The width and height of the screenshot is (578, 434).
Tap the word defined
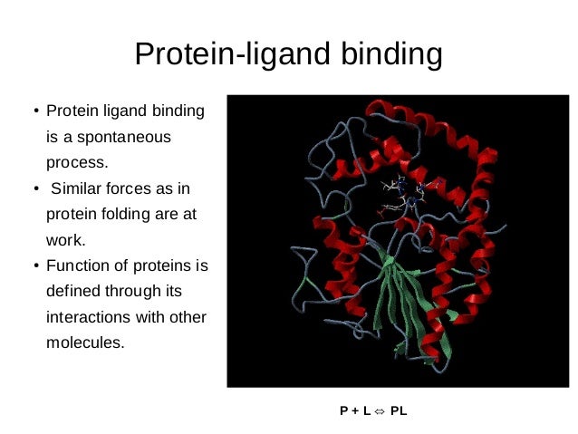point(73,292)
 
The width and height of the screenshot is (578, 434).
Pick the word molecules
point(84,343)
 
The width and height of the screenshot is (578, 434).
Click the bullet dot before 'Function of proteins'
point(35,267)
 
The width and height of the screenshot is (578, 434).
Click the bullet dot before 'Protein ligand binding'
point(35,114)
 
